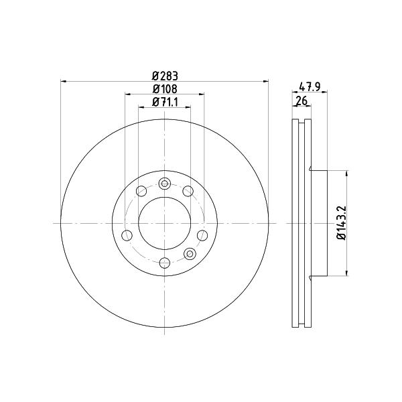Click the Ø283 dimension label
165,76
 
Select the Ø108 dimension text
165,89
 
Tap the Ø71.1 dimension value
165,103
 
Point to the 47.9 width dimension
310,87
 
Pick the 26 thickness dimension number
301,100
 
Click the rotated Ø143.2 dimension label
342,223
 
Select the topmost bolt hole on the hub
164,184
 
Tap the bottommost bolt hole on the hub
164,263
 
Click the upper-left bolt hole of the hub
141,191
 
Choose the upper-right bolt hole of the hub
188,191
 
